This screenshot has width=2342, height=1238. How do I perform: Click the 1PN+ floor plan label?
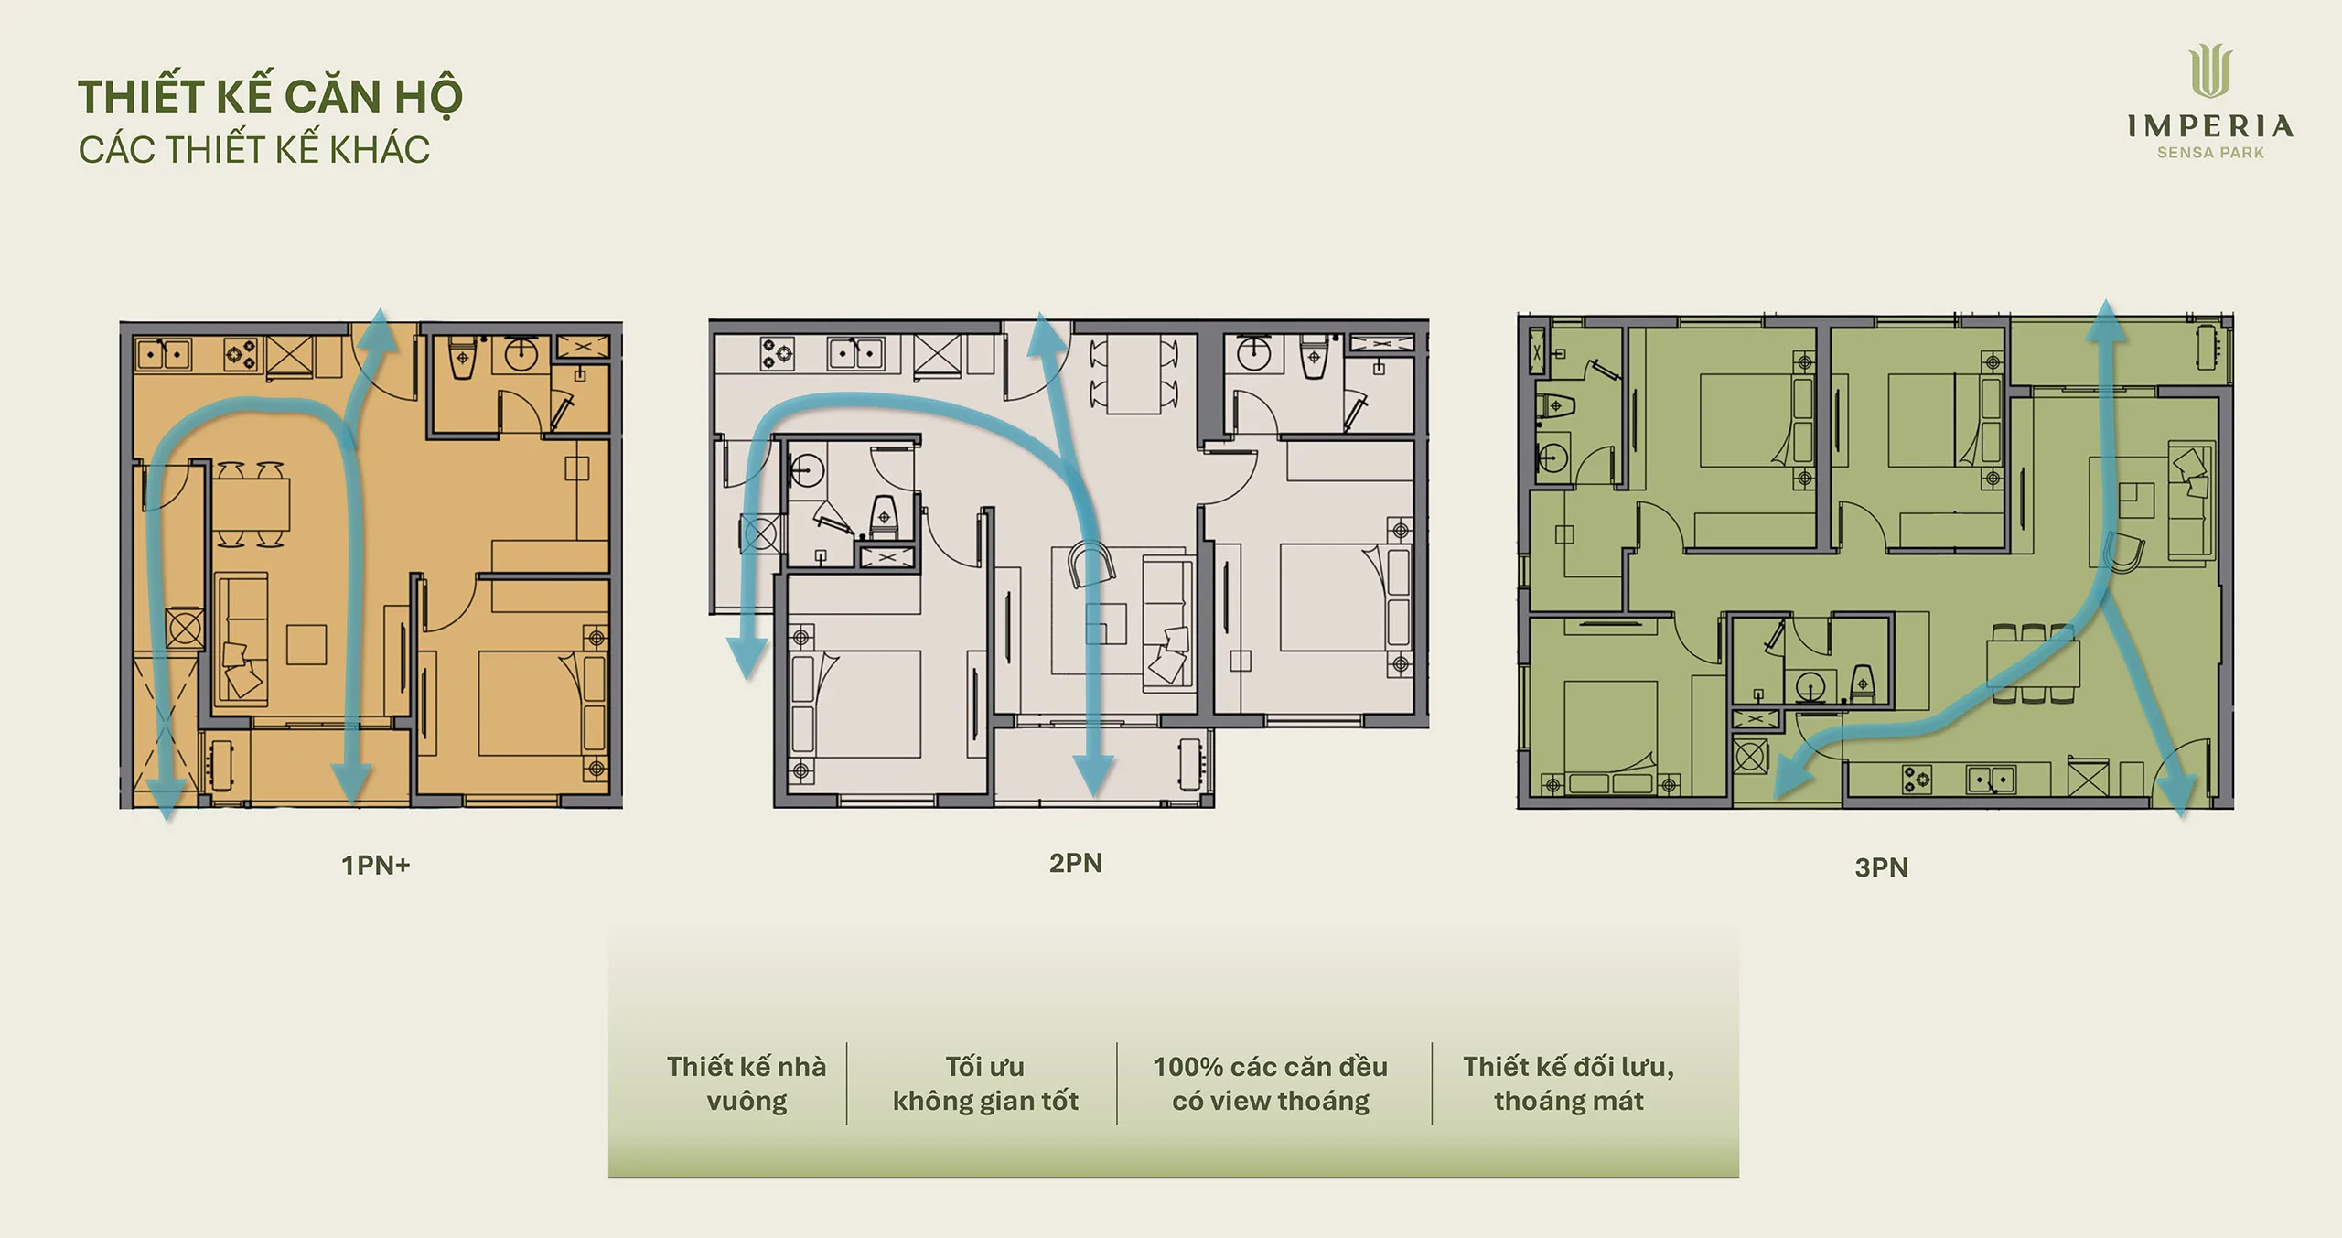tap(375, 865)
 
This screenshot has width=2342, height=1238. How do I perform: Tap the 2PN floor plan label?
tap(1075, 863)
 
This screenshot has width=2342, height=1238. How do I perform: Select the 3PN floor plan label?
tap(1881, 867)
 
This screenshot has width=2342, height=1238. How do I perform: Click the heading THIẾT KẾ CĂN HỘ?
tap(270, 97)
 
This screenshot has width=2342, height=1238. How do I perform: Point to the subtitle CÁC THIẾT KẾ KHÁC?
tap(253, 150)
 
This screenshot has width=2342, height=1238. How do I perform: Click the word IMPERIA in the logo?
tap(2210, 127)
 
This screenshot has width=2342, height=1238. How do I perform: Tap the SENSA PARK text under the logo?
tap(2210, 153)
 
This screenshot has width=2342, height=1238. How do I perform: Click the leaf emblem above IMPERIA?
tap(2210, 73)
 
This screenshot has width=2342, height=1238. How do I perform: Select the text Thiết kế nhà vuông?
tap(747, 1083)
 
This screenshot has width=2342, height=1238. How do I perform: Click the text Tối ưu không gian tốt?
tap(985, 1083)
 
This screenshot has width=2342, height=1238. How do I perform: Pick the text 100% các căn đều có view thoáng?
tap(1271, 1083)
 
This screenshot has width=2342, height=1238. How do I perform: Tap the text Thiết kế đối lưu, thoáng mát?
tap(1569, 1083)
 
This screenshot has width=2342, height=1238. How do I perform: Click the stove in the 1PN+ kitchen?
tap(242, 353)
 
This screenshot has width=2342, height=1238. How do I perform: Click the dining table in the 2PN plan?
tap(1134, 374)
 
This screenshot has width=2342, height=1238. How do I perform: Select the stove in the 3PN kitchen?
tap(1918, 779)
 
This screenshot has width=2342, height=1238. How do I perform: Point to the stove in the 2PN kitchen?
tap(779, 353)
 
